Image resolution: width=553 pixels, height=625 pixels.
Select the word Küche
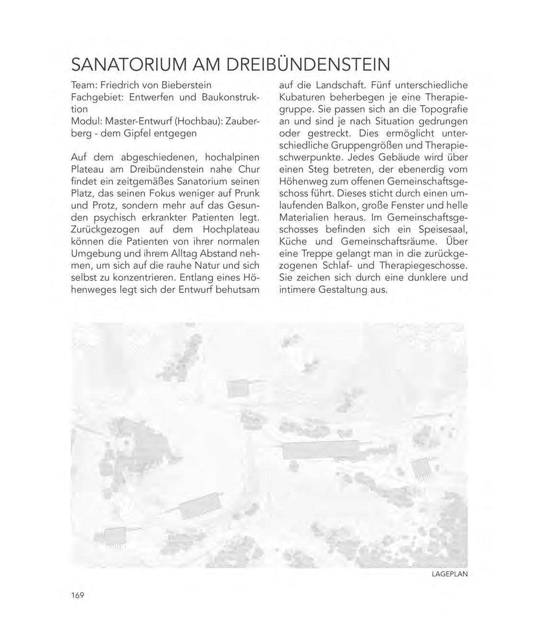(293, 241)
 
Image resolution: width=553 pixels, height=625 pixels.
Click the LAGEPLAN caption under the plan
(449, 574)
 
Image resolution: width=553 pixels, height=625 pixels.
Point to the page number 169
(77, 596)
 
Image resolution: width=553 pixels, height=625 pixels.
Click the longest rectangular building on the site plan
(320, 450)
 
